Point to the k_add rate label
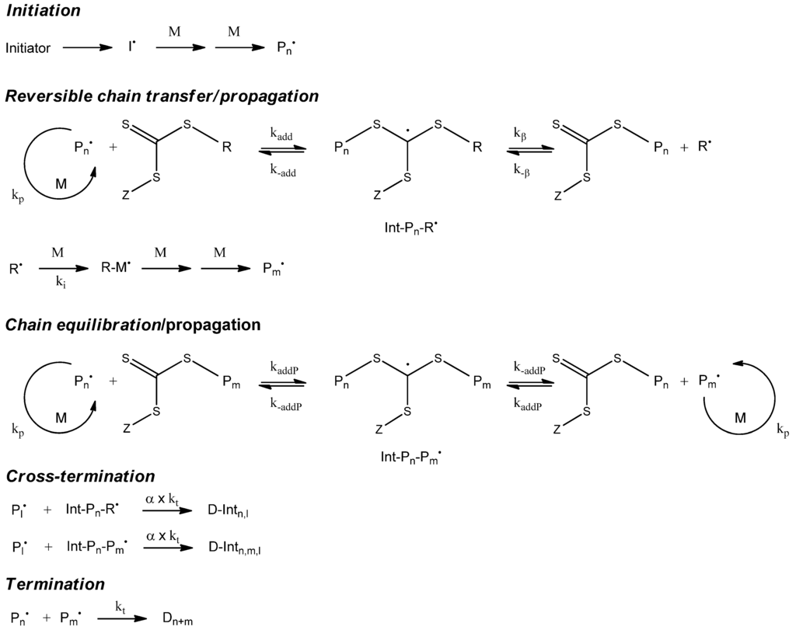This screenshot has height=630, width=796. click(281, 134)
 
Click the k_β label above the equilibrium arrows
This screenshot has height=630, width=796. click(520, 134)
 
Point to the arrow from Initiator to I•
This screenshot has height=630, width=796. click(87, 48)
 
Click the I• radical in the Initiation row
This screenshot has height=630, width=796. click(133, 47)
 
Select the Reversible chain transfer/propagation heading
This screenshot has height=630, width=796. click(162, 97)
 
